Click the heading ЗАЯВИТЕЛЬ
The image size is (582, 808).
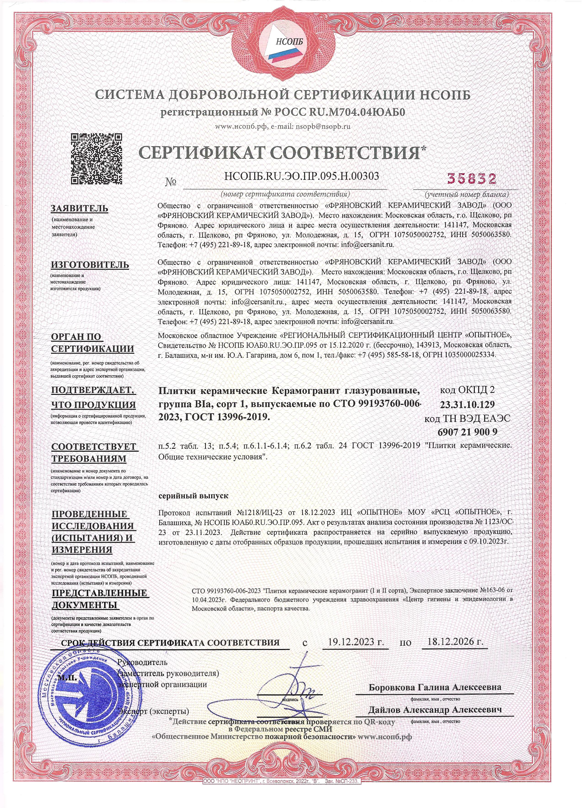click(80, 209)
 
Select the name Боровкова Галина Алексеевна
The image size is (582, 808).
click(435, 687)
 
